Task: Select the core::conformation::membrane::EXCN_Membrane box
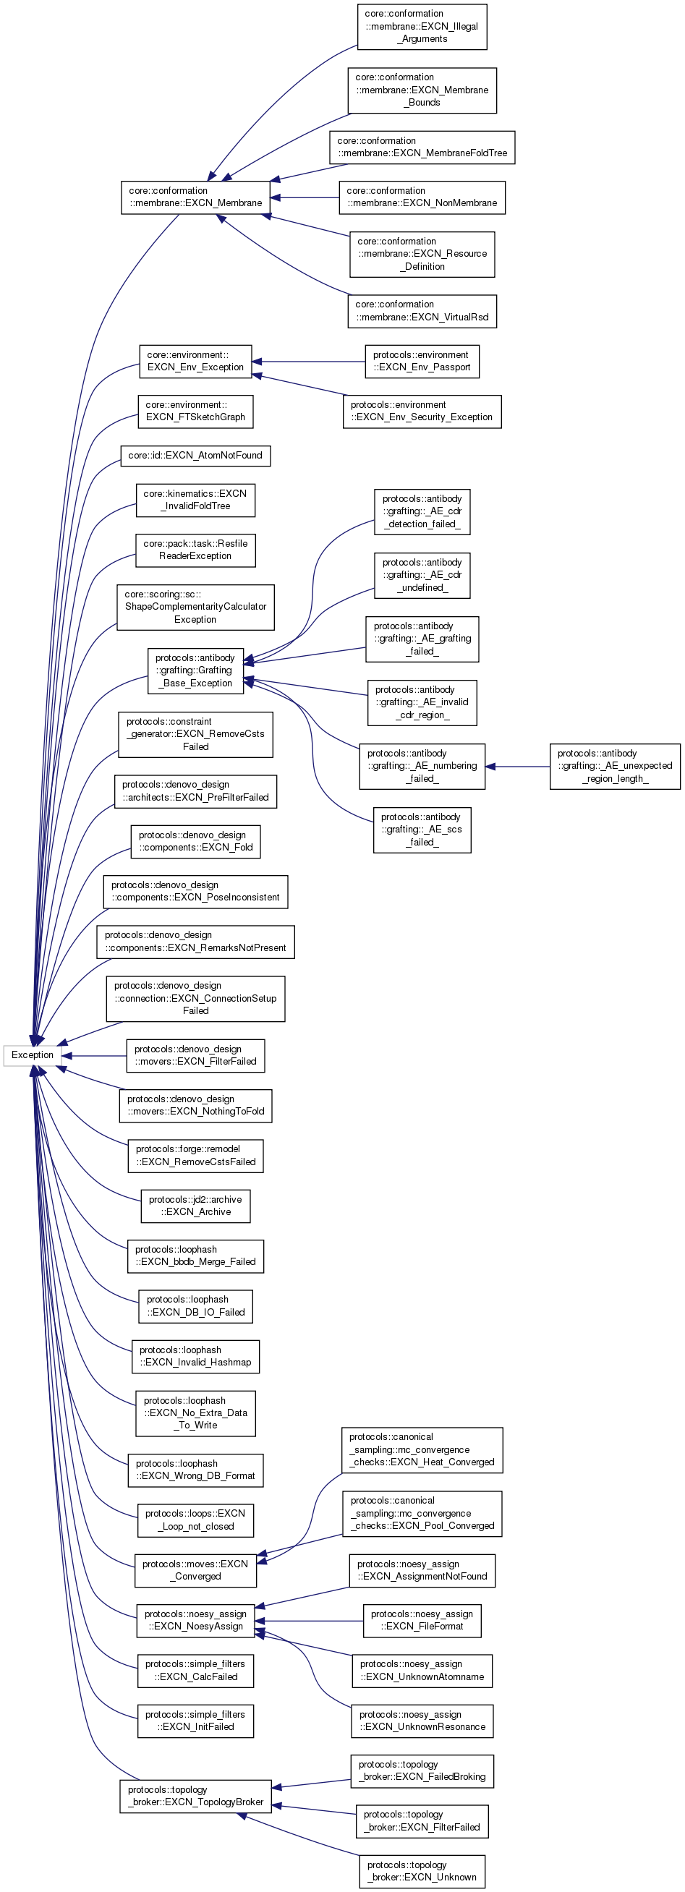click(195, 197)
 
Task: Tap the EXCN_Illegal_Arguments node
click(422, 27)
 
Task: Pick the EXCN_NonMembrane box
click(422, 197)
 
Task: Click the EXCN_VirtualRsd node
click(422, 312)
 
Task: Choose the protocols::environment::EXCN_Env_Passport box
click(422, 362)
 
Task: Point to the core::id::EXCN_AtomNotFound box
click(195, 456)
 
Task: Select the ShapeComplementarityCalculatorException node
click(195, 608)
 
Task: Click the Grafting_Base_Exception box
click(195, 670)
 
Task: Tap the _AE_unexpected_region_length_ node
click(615, 766)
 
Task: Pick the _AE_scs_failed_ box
click(422, 830)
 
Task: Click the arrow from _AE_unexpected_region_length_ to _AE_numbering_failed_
click(518, 767)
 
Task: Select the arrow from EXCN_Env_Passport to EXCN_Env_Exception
click(308, 362)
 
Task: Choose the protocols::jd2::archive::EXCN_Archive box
click(195, 1206)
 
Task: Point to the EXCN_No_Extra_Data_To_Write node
click(195, 1413)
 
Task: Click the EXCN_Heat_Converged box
click(422, 1450)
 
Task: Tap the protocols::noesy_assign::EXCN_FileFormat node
click(422, 1620)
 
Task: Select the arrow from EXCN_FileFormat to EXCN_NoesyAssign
click(308, 1621)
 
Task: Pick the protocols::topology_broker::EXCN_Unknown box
click(422, 1871)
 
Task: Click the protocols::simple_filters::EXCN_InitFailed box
click(195, 1721)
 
